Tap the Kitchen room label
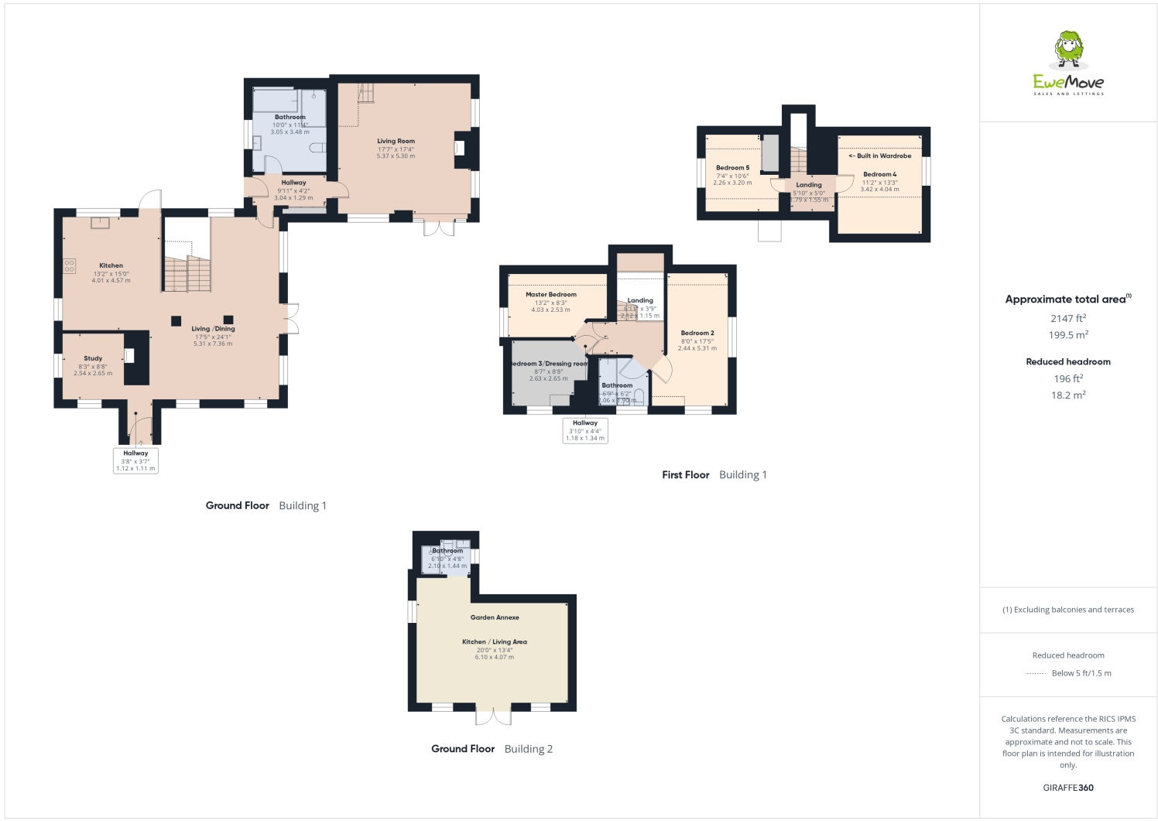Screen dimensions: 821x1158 pos(111,265)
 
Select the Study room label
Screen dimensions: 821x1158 pos(93,358)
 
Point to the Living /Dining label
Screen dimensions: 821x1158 pos(213,329)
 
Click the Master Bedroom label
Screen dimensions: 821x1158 pos(550,295)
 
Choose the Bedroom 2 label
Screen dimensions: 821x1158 pos(697,334)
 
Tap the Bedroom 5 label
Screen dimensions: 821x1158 pos(732,168)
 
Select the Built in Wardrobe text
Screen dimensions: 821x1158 pos(880,156)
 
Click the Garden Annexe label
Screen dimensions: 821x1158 pos(495,617)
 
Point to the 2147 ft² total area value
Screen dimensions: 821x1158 pos(1067,318)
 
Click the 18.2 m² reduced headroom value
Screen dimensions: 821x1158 pos(1067,395)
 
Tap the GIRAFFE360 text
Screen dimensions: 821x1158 pos(1067,788)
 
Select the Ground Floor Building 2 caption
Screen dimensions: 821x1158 pos(492,749)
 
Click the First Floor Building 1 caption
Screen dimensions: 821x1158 pos(714,475)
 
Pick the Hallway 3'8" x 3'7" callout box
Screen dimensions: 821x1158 pos(135,460)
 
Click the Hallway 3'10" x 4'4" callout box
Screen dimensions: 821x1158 pos(584,430)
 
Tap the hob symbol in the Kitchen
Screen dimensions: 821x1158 pos(69,265)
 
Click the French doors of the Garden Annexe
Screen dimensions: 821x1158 pos(493,717)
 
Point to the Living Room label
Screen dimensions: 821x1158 pos(396,142)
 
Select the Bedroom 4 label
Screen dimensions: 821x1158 pos(879,175)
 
